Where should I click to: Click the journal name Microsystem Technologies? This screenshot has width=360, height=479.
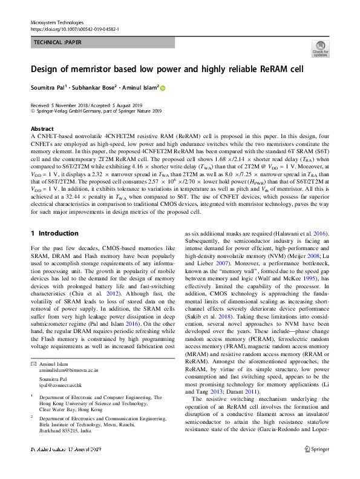click(57, 22)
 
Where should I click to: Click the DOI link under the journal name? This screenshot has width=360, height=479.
click(74, 28)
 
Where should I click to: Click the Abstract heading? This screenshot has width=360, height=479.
click(42, 129)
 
